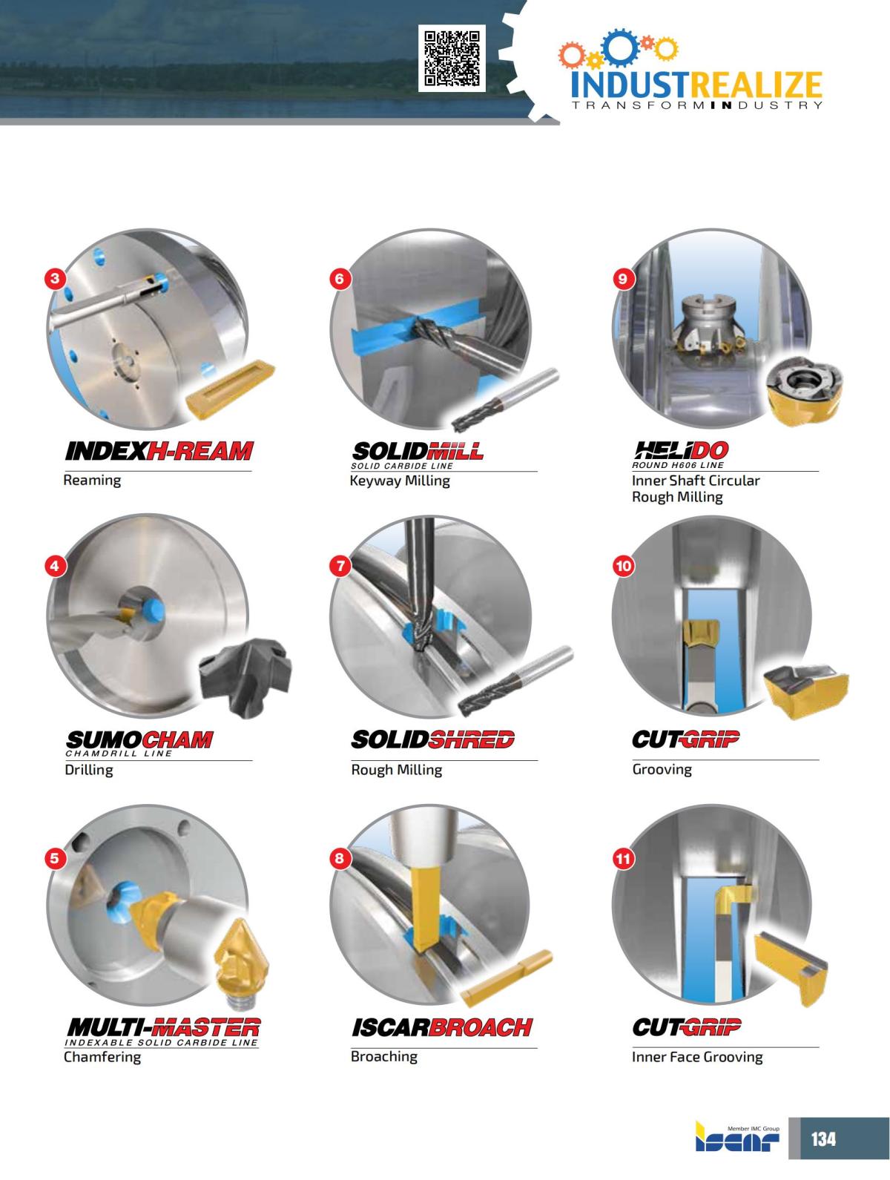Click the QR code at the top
coord(452,58)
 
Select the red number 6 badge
coord(340,279)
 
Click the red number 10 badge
coord(623,566)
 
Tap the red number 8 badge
coord(340,859)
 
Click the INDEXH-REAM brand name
coord(159,451)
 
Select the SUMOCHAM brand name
coord(139,739)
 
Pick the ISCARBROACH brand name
coord(441,1027)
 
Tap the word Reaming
coord(92,481)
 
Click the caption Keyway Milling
coord(400,481)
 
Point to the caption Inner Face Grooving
coord(696,1057)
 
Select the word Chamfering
coord(102,1057)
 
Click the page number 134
coord(823,1138)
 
